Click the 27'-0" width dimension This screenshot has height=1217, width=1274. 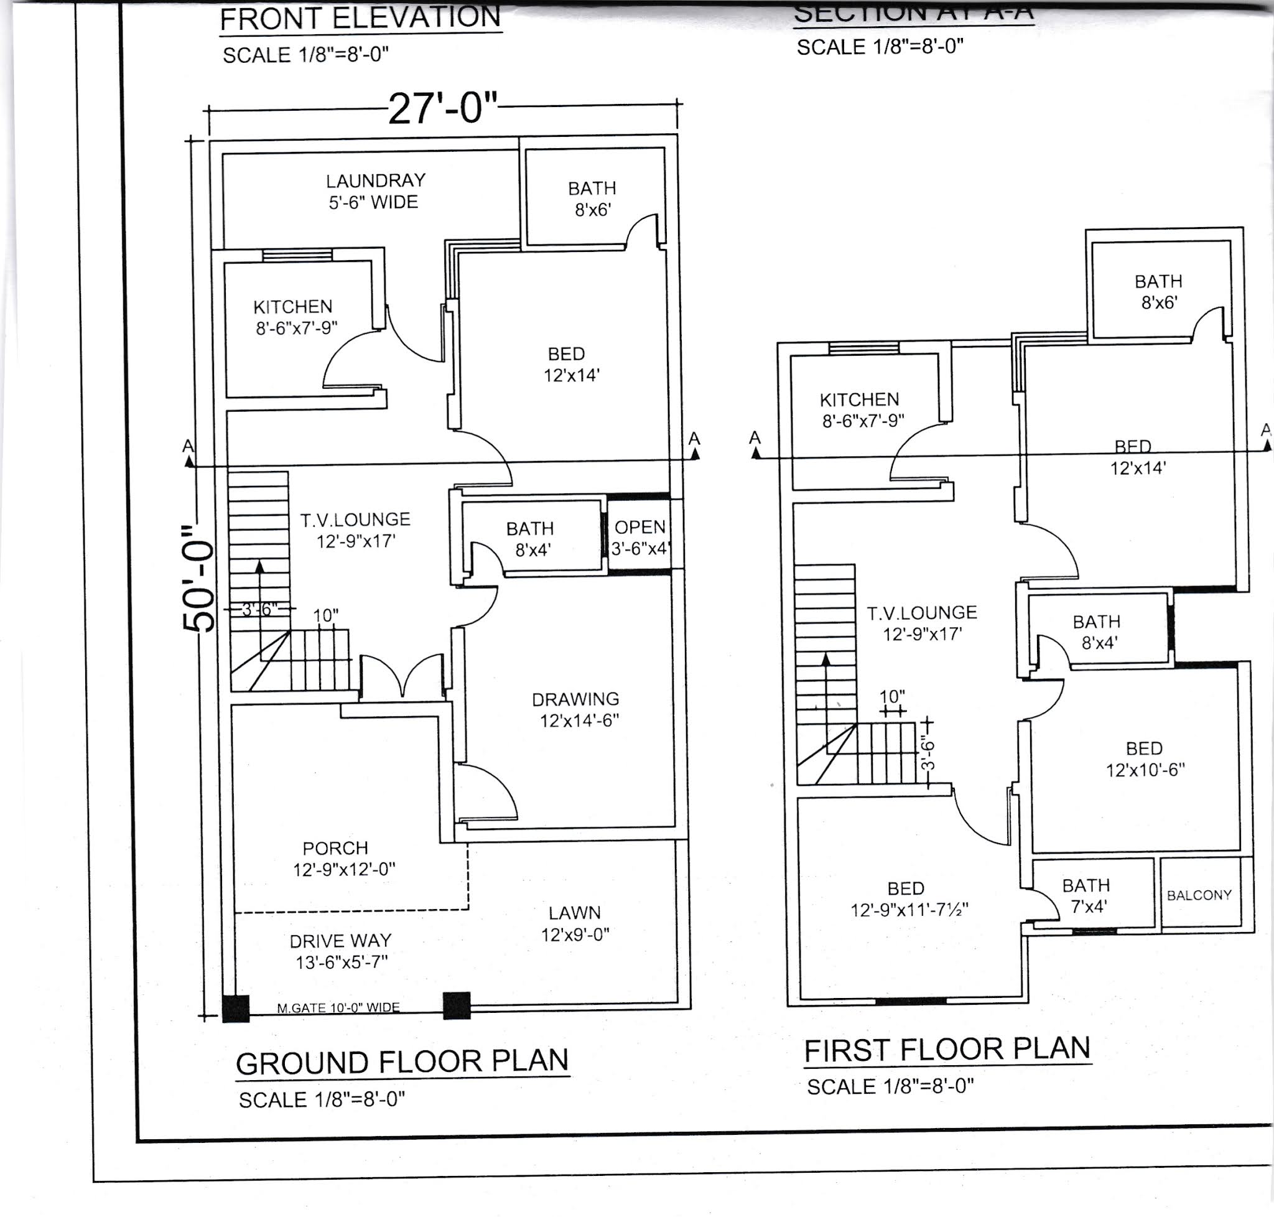pos(443,108)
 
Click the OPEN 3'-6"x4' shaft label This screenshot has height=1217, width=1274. pos(639,538)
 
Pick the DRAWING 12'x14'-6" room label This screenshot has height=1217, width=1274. pos(576,710)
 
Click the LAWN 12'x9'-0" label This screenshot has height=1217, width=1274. pos(575,923)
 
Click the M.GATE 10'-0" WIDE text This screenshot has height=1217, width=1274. pos(338,1007)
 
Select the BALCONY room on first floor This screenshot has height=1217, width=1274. pos(1199,895)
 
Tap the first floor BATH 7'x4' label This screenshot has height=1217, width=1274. pos(1086,895)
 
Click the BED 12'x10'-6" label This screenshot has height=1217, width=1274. pos(1144,759)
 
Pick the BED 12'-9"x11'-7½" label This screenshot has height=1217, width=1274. pos(908,898)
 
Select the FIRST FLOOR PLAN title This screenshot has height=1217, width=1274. pos(947,1050)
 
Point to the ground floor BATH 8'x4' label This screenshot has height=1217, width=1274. pos(531,539)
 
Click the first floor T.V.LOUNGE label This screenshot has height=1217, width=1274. pos(921,623)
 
